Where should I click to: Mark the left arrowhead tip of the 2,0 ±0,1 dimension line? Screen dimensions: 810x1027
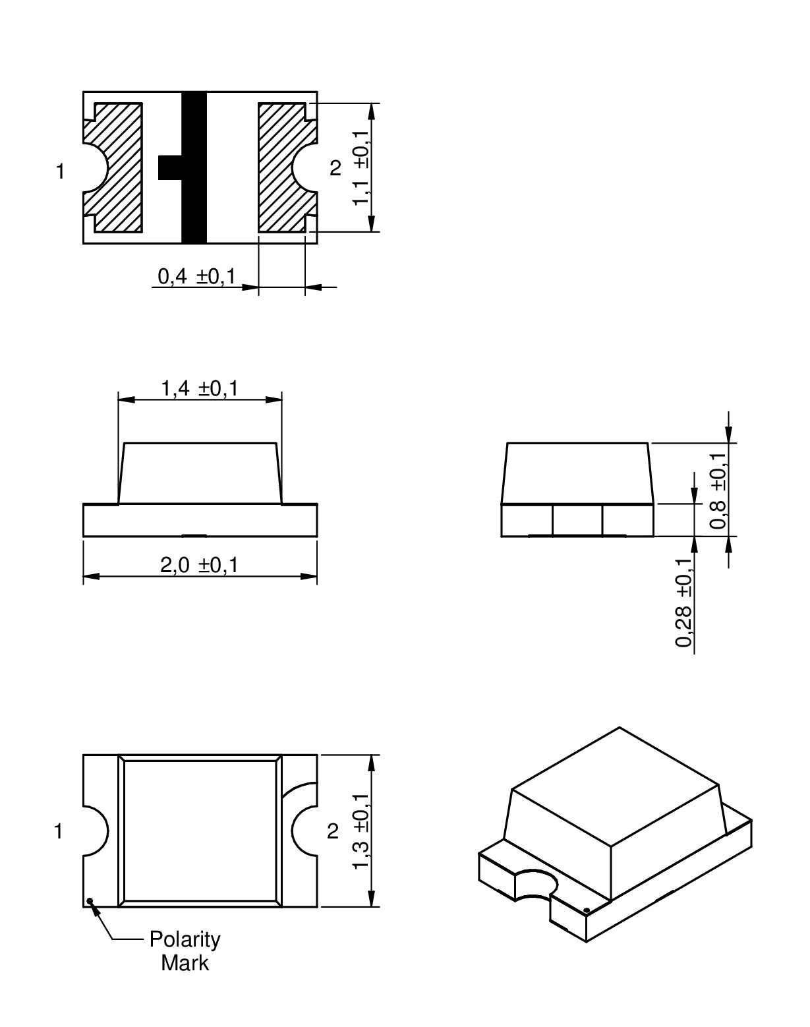click(x=84, y=577)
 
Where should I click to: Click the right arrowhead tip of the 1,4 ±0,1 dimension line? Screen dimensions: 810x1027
click(x=281, y=399)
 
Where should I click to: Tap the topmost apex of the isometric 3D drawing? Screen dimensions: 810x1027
click(x=619, y=727)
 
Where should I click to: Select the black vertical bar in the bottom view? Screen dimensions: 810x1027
click(x=194, y=167)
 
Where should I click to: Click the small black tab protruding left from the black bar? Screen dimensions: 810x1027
click(x=170, y=167)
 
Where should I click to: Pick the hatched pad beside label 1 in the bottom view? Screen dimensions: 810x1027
click(x=113, y=167)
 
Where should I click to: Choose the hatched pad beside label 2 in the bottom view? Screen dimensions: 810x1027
click(x=288, y=167)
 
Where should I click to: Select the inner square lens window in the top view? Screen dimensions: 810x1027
click(x=200, y=831)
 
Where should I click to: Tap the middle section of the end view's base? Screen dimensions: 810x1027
click(x=577, y=520)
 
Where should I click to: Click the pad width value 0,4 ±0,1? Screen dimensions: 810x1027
click(x=196, y=276)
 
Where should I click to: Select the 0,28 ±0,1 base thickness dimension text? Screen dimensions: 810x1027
click(x=683, y=602)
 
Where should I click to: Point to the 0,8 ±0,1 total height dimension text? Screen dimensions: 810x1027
click(x=718, y=490)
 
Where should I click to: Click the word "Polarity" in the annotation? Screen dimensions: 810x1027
click(x=185, y=940)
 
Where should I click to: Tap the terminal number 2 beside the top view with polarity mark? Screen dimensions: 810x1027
click(x=333, y=832)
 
